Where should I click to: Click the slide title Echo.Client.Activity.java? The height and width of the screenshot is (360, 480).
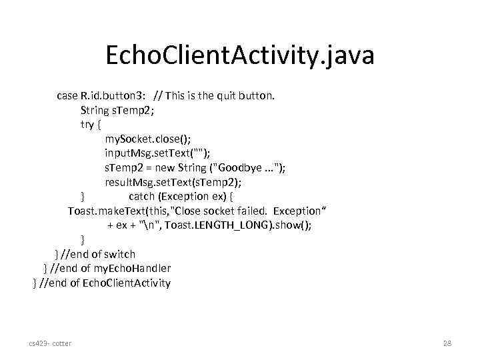[x=240, y=55]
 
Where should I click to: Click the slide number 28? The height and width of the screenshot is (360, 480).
[x=447, y=343]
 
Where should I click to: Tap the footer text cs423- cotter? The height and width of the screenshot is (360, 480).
[x=50, y=343]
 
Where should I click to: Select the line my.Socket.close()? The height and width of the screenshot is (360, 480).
[x=147, y=139]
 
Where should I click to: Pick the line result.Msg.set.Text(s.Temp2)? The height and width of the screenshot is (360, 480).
[x=173, y=182]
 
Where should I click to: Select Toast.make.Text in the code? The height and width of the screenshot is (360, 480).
[x=105, y=211]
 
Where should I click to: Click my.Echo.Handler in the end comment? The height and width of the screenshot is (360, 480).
[x=132, y=268]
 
